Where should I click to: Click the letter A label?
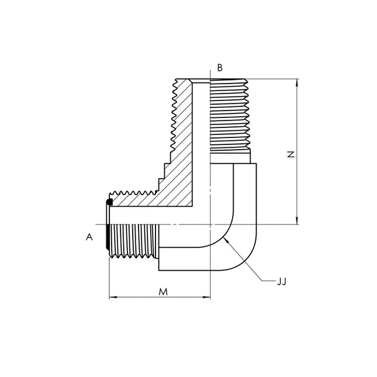(89, 237)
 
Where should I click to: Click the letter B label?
(220, 68)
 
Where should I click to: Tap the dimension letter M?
(163, 292)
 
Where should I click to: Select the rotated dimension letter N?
(291, 154)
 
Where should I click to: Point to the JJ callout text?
(282, 282)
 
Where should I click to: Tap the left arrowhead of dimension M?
(113, 298)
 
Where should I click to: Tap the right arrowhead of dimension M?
(206, 298)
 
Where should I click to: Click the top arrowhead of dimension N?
(297, 83)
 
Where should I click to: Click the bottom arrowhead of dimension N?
(297, 220)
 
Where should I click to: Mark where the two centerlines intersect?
(210, 224)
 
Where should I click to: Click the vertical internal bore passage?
(201, 144)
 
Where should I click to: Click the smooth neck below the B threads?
(230, 157)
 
